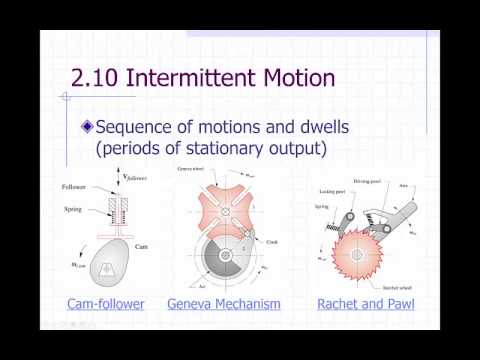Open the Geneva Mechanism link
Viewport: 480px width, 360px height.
(x=223, y=304)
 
